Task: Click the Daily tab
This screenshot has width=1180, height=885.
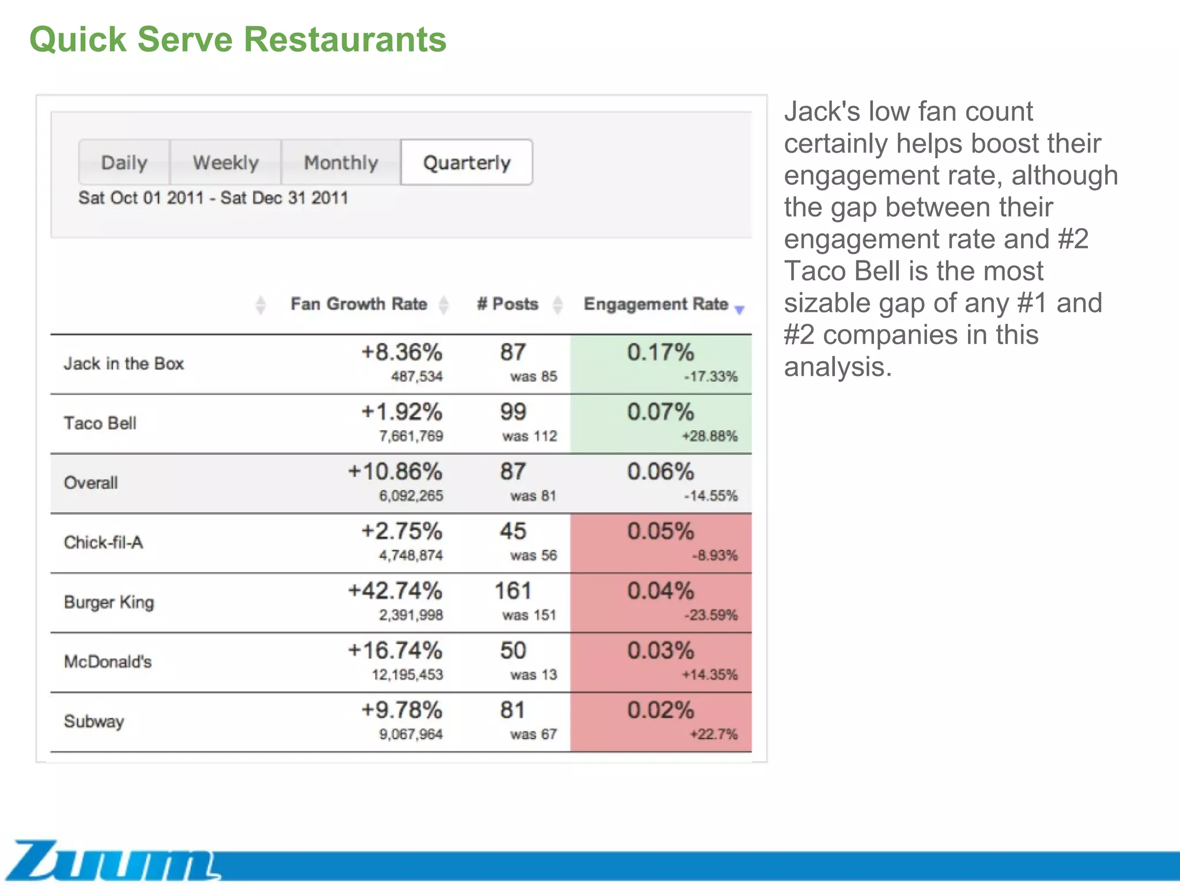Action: click(124, 162)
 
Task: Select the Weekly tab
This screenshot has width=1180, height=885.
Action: click(225, 162)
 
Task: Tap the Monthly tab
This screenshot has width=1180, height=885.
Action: click(341, 162)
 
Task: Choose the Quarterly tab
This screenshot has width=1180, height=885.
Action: click(467, 162)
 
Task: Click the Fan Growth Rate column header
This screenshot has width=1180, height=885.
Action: click(358, 304)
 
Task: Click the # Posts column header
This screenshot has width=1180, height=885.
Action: click(508, 304)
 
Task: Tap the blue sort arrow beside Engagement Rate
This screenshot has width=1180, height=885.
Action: click(740, 310)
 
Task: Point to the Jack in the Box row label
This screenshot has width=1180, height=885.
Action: click(124, 364)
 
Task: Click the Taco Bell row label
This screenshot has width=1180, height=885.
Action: click(100, 423)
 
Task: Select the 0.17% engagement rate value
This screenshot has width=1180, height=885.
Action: click(660, 352)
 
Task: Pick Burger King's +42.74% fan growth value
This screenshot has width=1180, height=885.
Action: click(395, 591)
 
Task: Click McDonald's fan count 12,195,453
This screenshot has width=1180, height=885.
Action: click(407, 675)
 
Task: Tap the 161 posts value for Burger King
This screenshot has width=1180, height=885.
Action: click(513, 591)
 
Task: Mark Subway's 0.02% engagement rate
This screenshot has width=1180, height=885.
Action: click(660, 710)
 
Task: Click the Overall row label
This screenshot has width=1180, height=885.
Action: click(91, 483)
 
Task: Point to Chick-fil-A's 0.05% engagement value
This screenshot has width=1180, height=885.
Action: click(660, 531)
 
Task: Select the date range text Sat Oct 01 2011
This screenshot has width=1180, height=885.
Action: click(141, 198)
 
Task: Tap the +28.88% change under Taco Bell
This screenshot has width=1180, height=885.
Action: click(709, 436)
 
